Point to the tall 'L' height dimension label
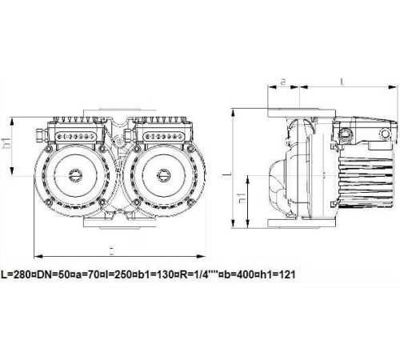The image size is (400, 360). tap(226, 171)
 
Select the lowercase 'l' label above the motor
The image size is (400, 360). tap(342, 81)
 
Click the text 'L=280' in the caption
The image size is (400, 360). tap(18, 274)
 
